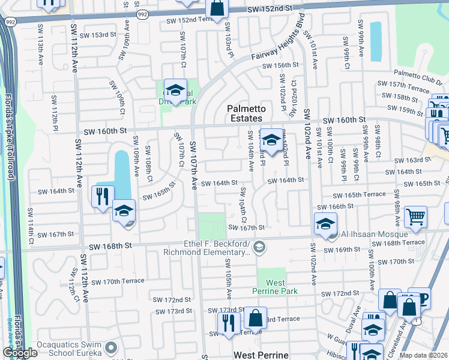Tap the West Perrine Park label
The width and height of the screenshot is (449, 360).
click(x=276, y=286)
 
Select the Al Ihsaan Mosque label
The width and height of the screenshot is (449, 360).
click(x=371, y=234)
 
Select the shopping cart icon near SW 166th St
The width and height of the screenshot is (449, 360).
click(x=415, y=217)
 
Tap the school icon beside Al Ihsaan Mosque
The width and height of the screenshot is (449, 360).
click(x=325, y=225)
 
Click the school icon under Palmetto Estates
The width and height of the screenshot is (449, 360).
click(x=271, y=142)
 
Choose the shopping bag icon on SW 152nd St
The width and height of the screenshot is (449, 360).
click(x=217, y=8)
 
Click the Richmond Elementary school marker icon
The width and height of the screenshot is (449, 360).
click(x=259, y=246)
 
